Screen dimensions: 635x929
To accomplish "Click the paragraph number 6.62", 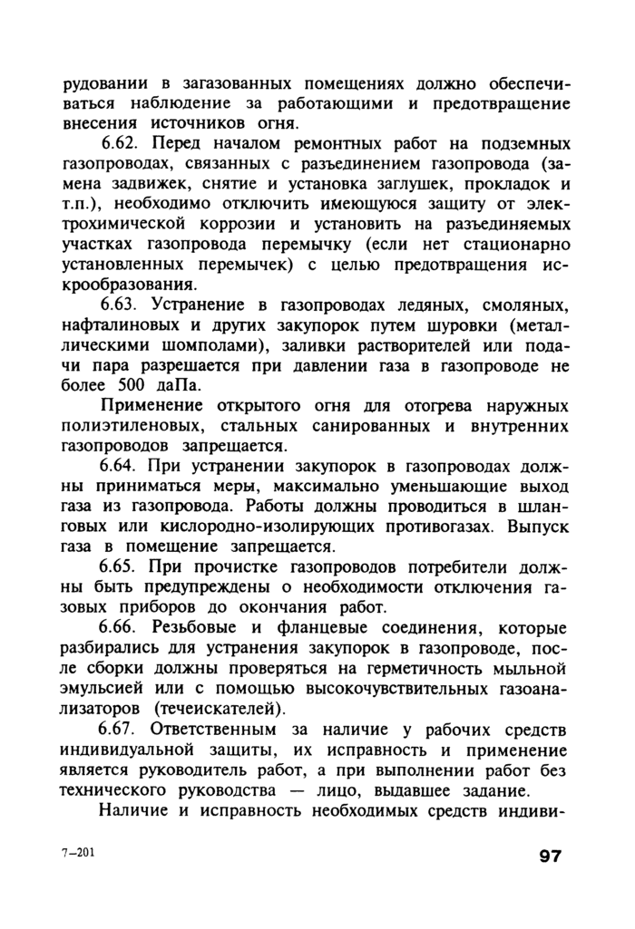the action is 121,145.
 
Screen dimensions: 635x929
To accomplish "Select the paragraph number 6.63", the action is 121,304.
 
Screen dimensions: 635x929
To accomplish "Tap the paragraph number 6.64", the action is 121,467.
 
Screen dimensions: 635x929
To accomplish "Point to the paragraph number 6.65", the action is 121,567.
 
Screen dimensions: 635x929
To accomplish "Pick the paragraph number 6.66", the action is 121,628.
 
